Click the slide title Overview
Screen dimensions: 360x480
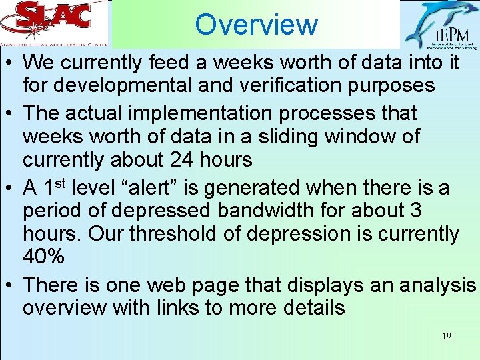coord(257,25)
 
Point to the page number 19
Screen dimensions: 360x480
coord(446,336)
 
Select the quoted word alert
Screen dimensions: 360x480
coord(155,189)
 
